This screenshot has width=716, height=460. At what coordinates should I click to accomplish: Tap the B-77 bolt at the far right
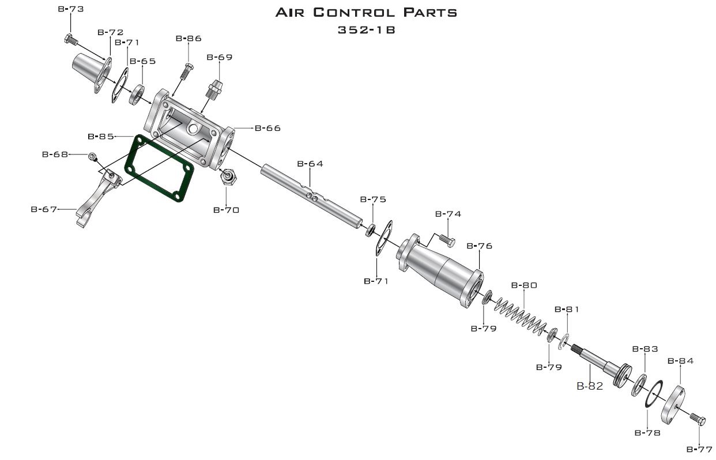click(x=698, y=419)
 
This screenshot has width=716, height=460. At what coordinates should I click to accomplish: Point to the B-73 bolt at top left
click(x=70, y=40)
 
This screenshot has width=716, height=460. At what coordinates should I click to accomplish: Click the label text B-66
click(x=267, y=128)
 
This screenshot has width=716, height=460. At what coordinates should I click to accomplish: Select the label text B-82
click(x=590, y=386)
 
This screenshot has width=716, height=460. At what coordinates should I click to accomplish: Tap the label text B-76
click(x=479, y=246)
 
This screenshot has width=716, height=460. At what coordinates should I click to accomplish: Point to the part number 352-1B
click(x=367, y=30)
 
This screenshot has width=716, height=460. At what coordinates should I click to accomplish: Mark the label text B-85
click(x=101, y=137)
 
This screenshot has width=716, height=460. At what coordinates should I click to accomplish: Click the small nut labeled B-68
click(x=92, y=156)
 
